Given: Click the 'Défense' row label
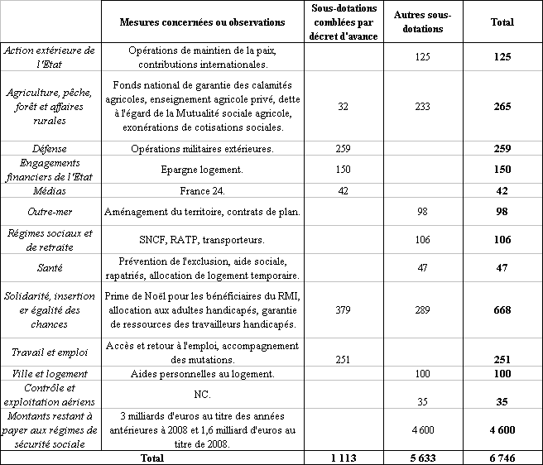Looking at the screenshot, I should click(49, 148).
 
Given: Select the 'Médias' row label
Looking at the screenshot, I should click(49, 190).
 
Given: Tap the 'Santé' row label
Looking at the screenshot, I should click(49, 268).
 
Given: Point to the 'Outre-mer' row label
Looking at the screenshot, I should click(49, 212).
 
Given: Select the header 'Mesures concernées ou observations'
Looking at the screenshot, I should click(202, 22).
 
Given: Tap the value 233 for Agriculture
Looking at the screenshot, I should click(423, 107).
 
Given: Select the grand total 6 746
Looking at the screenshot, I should click(501, 458).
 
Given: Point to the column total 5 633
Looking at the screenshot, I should click(421, 458).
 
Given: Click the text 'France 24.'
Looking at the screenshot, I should click(203, 190).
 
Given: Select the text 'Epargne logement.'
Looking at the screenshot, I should click(203, 170).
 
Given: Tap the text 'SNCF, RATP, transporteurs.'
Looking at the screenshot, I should click(203, 240).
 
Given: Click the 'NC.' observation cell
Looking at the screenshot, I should click(203, 394).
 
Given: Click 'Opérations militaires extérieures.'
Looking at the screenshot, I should click(203, 148).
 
